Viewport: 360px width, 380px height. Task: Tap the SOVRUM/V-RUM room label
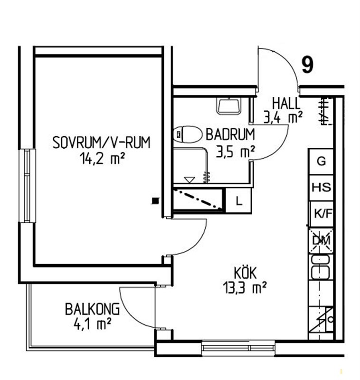coord(102,142)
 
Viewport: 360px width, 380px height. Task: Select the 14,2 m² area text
coord(102,159)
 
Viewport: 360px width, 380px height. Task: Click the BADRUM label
coord(230,134)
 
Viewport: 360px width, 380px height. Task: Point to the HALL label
coord(286,104)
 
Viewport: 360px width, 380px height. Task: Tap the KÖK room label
coord(245,273)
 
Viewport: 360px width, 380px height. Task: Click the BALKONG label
coord(92,309)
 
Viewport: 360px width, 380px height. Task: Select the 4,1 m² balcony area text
coord(92,324)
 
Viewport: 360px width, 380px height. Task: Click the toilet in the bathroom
coord(188,134)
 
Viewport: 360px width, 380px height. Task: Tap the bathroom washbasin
coord(229,106)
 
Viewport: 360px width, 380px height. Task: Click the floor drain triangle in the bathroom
coord(189,180)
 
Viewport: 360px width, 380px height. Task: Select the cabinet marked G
coord(321,161)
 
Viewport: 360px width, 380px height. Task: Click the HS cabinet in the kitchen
coord(321,188)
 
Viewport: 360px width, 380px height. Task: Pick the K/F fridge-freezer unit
coord(322,214)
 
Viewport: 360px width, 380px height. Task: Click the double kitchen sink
coord(321,267)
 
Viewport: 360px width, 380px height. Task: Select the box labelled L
coord(239,201)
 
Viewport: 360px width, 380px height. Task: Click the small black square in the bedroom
coord(155,201)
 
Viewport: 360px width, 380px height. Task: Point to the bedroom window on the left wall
coord(27,186)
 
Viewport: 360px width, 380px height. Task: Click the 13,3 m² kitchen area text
coord(245,287)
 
